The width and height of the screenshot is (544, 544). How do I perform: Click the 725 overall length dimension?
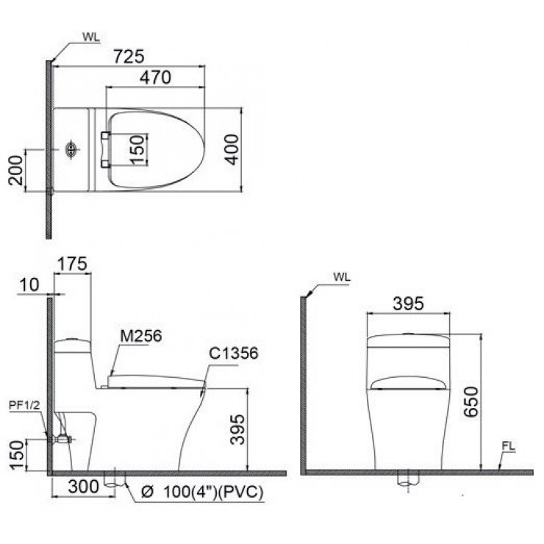pos(129,57)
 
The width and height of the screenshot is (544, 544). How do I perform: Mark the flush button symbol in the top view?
pos(71,150)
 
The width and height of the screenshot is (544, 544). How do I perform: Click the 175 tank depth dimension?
pos(74,263)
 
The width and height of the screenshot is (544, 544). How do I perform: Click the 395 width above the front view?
pos(408,304)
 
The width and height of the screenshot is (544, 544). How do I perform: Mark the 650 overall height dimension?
pos(472,403)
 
